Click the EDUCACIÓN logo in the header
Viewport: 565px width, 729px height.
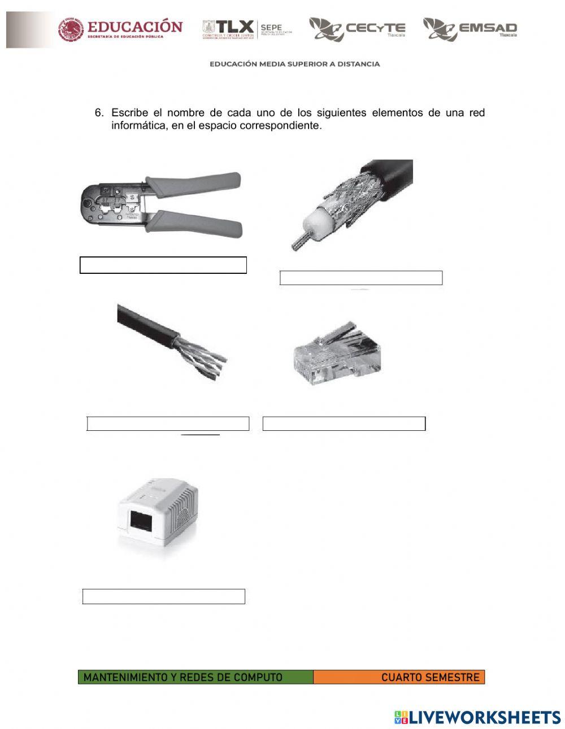(120, 29)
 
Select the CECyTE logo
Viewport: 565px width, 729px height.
(357, 29)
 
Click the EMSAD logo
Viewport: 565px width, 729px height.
(470, 29)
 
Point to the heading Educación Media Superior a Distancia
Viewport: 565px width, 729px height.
(294, 64)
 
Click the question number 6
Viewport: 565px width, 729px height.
(99, 113)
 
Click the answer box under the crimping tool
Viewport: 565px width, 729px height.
(163, 265)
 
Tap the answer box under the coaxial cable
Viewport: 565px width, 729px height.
(360, 278)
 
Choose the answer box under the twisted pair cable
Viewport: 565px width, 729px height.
(168, 424)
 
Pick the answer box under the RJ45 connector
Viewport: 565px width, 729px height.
(344, 424)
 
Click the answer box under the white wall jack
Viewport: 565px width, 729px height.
(164, 596)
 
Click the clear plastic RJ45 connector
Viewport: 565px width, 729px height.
(336, 356)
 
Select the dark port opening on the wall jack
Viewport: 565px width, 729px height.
(141, 520)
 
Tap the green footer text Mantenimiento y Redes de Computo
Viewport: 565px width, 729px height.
(183, 677)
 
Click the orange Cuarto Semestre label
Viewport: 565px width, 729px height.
(429, 677)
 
